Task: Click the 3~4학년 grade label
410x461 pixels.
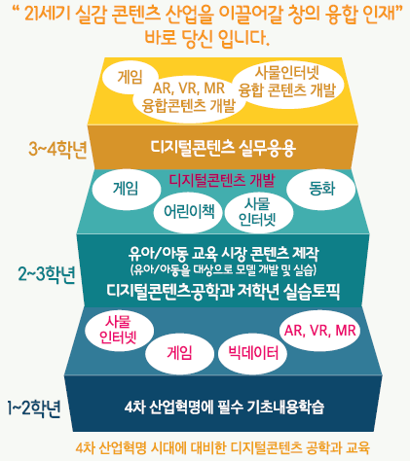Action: point(57,150)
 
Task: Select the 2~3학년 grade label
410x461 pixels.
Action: point(47,274)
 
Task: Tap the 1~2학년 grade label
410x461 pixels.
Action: point(34,408)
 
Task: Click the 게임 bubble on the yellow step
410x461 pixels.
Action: point(130,77)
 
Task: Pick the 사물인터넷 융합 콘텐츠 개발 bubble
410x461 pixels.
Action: point(287,82)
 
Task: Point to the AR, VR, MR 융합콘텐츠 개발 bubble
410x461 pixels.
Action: point(189,97)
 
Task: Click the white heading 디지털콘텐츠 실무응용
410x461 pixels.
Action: point(223,148)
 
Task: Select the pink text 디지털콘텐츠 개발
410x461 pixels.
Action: point(222,180)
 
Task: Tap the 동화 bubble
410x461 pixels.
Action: point(321,188)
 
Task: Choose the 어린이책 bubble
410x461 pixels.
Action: point(189,212)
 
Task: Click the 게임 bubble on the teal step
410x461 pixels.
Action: point(126,189)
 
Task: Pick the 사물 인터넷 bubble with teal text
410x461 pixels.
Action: point(258,212)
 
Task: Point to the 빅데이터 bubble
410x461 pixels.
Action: point(253,353)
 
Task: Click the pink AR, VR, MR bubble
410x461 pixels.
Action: point(320,331)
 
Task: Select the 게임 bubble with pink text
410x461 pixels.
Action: point(179,353)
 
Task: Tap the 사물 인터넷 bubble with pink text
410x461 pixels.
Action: point(119,330)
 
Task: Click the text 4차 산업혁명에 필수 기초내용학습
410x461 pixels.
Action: point(224,407)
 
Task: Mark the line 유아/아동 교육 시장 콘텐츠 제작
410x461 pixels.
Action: point(223,254)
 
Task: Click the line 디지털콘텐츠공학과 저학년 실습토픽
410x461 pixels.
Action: point(223,291)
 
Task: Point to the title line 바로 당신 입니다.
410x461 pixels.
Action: point(206,38)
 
